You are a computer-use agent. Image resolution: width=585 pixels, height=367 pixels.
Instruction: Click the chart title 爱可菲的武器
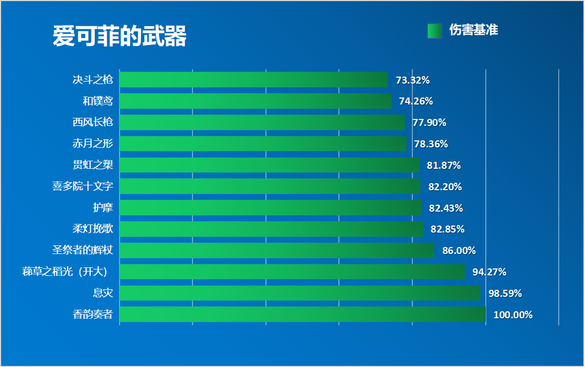click(120, 36)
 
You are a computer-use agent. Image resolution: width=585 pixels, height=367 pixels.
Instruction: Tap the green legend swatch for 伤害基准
click(434, 31)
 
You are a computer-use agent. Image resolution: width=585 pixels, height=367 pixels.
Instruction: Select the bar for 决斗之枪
click(253, 80)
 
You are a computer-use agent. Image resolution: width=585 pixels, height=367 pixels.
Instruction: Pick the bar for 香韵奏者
click(302, 314)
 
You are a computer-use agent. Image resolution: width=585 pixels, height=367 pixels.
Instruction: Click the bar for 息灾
click(300, 293)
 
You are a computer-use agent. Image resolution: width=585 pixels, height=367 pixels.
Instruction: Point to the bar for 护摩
click(270, 208)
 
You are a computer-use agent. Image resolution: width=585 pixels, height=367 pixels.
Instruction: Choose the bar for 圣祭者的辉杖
click(277, 250)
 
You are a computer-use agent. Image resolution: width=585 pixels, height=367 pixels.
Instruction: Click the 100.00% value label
click(513, 315)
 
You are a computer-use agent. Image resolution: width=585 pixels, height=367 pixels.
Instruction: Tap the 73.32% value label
click(412, 80)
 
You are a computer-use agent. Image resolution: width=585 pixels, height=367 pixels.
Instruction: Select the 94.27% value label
click(489, 272)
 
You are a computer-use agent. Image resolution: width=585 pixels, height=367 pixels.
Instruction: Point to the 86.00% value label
click(458, 251)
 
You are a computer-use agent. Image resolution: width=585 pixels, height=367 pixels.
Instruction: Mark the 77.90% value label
click(429, 123)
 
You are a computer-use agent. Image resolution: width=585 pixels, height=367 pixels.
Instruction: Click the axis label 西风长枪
click(93, 122)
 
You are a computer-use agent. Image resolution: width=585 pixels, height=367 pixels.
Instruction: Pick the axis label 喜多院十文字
click(83, 186)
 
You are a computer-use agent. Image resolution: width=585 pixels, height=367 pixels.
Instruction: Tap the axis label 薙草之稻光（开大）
click(68, 272)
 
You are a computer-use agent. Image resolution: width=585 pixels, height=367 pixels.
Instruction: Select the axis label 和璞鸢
click(98, 101)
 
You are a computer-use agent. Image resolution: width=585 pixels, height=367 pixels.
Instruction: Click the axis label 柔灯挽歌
click(93, 229)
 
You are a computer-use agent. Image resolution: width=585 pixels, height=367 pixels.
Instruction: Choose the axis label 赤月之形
click(93, 144)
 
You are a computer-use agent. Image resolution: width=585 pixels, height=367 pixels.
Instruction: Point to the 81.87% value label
click(443, 166)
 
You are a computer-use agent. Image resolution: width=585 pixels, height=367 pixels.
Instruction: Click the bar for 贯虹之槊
click(269, 165)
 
